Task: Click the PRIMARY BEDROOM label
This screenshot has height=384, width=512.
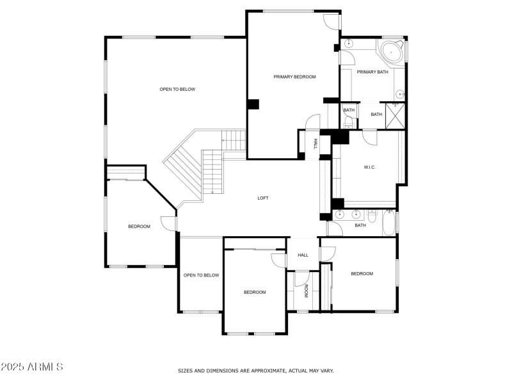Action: click(x=294, y=77)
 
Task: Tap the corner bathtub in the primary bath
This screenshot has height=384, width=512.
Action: click(x=390, y=52)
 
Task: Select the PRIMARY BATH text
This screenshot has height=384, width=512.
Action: click(x=372, y=72)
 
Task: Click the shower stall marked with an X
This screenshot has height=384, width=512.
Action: click(x=396, y=113)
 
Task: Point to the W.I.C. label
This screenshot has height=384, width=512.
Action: click(x=369, y=168)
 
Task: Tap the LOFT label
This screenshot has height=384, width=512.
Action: click(x=262, y=198)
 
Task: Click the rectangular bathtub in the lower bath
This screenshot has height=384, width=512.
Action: click(x=388, y=223)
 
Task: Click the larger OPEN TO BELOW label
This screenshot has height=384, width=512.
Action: click(x=177, y=90)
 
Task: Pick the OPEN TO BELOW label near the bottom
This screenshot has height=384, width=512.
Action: click(x=201, y=276)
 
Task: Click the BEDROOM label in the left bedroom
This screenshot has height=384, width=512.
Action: click(x=139, y=227)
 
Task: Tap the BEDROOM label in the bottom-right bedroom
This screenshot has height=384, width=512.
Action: click(x=362, y=274)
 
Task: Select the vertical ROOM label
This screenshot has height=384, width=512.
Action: click(x=306, y=291)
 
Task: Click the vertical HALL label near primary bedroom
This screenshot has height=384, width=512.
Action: click(x=316, y=145)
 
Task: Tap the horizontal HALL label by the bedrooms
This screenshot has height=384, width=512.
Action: click(x=303, y=255)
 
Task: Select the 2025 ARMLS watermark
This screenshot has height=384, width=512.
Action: click(x=32, y=367)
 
